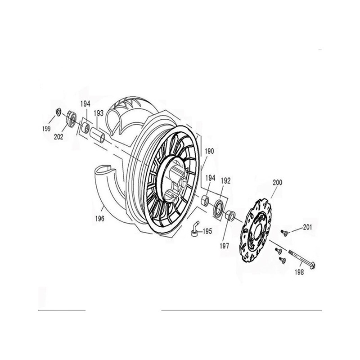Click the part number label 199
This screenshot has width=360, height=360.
tap(46, 129)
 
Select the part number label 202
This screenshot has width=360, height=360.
tap(58, 137)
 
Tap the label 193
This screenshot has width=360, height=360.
tap(99, 113)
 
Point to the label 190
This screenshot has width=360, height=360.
tap(209, 151)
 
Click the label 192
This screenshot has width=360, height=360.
tap(225, 181)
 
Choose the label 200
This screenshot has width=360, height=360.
tap(277, 183)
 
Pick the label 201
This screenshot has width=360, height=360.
tap(307, 227)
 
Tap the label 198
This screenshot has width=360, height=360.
tap(299, 272)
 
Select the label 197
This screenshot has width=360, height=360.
tap(224, 246)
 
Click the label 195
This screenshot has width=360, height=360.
tap(207, 231)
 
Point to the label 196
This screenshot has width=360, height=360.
tap(99, 219)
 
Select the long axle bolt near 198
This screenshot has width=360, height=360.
tap(301, 259)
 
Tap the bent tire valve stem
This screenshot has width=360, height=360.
tap(195, 229)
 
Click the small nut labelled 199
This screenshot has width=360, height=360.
tap(58, 112)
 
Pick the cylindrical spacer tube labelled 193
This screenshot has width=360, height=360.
tap(98, 135)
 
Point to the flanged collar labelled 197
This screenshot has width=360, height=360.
tap(230, 216)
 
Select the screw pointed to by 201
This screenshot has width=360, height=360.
tap(285, 233)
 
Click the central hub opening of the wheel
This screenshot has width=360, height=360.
tap(174, 181)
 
